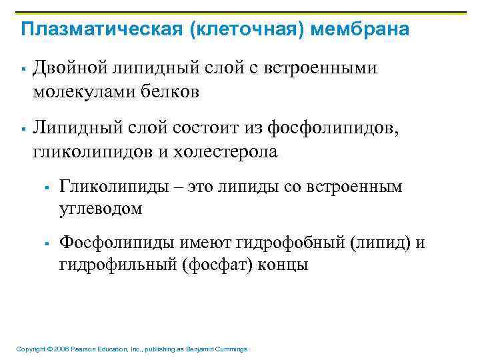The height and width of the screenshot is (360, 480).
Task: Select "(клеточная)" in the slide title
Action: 227,30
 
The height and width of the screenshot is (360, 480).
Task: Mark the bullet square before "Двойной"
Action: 23,69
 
